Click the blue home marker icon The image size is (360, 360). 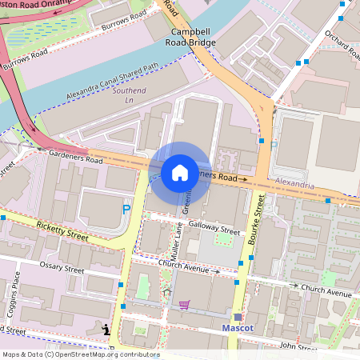(180, 173)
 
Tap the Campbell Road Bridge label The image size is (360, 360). (190, 36)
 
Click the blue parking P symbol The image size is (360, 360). (126, 209)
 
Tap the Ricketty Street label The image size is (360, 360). (62, 231)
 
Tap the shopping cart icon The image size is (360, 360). (185, 304)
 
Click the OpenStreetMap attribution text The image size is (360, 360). (80, 354)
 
